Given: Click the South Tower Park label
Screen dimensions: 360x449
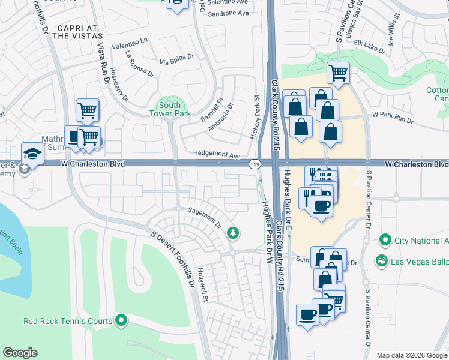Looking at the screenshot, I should [x=165, y=109].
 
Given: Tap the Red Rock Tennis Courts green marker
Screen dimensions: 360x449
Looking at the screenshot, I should [x=122, y=321].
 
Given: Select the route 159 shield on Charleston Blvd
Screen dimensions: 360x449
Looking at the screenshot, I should [x=255, y=164].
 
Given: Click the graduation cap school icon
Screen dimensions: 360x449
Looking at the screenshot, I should [x=32, y=153].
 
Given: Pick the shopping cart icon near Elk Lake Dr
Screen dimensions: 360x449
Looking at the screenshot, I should [x=338, y=73].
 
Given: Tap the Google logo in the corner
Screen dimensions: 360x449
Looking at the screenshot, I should [x=20, y=353].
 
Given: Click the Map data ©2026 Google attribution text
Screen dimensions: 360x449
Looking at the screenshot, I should [x=412, y=355].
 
